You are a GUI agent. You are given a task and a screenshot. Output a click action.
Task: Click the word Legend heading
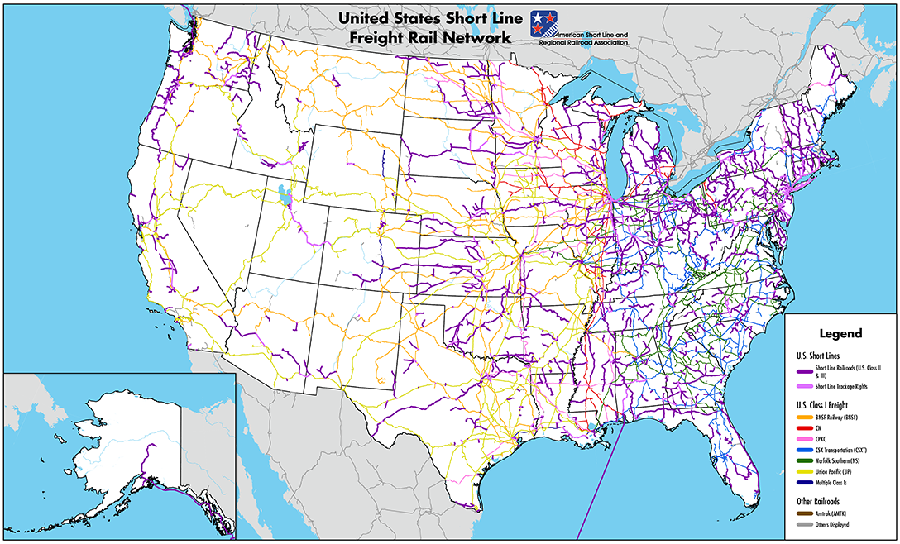tap(840, 334)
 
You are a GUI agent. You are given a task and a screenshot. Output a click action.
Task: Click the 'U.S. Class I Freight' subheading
tap(823, 404)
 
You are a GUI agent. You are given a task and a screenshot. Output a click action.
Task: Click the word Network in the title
tap(490, 38)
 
